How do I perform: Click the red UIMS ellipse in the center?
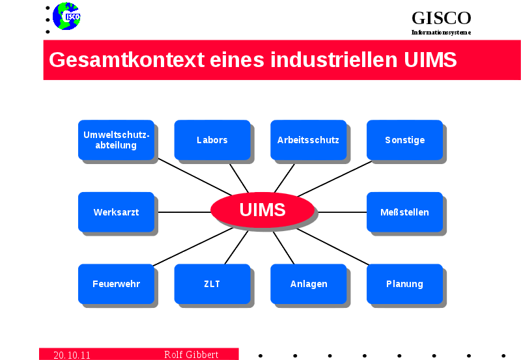[262, 210]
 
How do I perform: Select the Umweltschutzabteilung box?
[116, 140]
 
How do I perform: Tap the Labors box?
[212, 140]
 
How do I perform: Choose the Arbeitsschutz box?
[308, 140]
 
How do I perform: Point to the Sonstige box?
[404, 140]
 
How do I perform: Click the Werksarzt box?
[116, 212]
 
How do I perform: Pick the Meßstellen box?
[404, 212]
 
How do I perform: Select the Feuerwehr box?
[116, 284]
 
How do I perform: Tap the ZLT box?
[212, 284]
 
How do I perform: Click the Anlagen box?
[308, 284]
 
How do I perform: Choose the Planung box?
[404, 284]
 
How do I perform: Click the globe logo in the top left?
[66, 16]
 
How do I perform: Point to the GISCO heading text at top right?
[441, 18]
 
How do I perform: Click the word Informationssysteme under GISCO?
[441, 33]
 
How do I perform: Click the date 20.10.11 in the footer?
[72, 355]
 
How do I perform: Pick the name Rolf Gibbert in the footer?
[191, 355]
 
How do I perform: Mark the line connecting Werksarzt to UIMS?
[184, 212]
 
